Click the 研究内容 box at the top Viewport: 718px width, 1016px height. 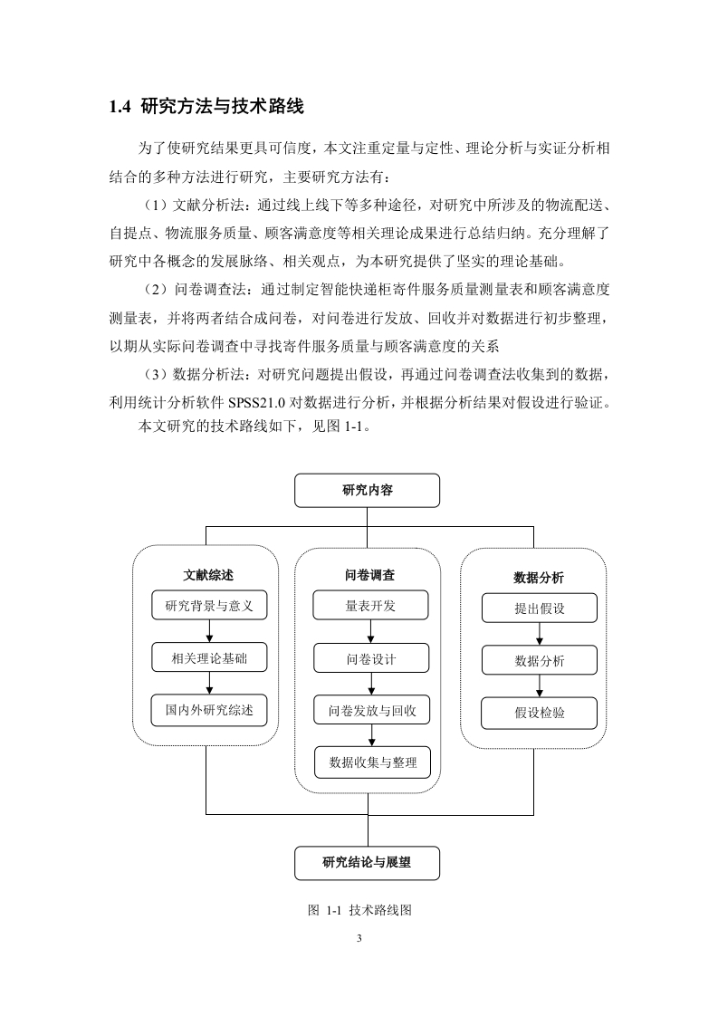pos(367,491)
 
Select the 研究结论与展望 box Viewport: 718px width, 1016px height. pos(367,863)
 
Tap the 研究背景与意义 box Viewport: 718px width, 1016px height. pos(209,606)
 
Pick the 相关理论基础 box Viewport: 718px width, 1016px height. pos(209,658)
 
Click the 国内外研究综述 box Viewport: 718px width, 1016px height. pos(209,710)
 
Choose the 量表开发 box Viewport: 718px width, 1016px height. pos(370,606)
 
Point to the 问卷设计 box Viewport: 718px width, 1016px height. pos(371,659)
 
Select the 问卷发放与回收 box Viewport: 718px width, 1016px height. pos(372,711)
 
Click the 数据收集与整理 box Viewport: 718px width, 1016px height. pos(373,762)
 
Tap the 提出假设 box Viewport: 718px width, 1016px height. pos(539,609)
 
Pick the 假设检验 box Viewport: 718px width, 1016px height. pos(539,714)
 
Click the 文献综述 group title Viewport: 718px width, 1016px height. pos(208,575)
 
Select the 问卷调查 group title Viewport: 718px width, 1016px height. pos(369,575)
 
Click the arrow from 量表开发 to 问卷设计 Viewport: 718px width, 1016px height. pos(371,632)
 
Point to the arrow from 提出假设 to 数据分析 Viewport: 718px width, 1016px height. pos(540,635)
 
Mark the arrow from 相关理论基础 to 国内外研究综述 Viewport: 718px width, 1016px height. pos(209,684)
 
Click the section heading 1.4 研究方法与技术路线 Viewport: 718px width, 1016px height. pos(206,106)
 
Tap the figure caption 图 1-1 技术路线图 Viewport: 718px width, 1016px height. pos(359,910)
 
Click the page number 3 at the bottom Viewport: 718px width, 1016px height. pos(359,938)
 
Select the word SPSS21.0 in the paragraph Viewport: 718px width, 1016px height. pos(256,403)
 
